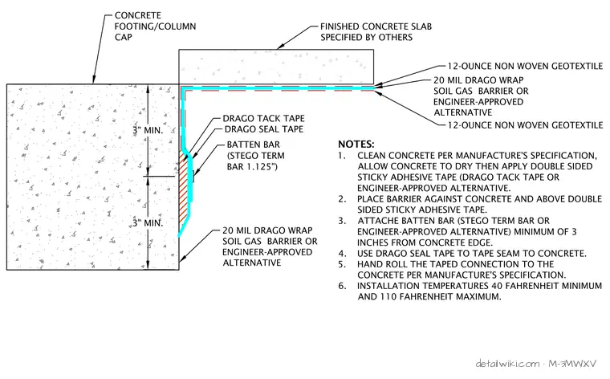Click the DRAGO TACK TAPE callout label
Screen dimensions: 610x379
[x=263, y=118]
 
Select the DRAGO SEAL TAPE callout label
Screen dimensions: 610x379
[x=264, y=129]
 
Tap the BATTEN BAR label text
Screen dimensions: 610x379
[x=254, y=145]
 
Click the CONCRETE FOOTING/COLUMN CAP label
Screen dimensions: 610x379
[x=155, y=26]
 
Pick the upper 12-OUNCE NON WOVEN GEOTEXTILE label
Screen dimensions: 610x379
[x=525, y=66]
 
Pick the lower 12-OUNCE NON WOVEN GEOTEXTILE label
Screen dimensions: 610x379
[x=525, y=125]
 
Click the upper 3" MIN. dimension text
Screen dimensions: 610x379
[x=148, y=130]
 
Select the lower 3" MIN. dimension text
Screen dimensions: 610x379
[x=148, y=223]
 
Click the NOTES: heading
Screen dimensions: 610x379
[x=356, y=145]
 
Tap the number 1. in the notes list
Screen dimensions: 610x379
[x=342, y=156]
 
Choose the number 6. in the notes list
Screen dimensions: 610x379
[x=342, y=286]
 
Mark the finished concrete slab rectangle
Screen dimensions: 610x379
[x=276, y=67]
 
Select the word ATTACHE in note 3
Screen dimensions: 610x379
[x=376, y=221]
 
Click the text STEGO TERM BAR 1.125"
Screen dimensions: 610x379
[x=255, y=161]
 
